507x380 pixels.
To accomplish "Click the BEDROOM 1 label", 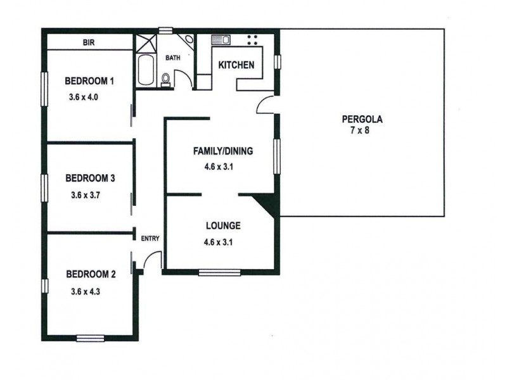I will pos(90,81).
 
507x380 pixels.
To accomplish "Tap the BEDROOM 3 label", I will pos(90,178).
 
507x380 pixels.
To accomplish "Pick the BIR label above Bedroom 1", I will pos(89,43).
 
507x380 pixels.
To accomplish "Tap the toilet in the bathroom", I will pos(166,79).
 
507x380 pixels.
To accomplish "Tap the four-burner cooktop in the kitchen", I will pos(252,40).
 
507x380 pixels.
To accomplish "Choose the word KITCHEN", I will pos(236,65).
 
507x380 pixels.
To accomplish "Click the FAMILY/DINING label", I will pos(223,151).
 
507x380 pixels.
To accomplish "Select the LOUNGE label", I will pos(222,225).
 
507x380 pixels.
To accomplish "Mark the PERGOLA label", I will pos(363,118).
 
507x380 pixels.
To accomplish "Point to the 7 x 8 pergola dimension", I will pos(363,130).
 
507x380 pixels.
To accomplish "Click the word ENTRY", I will pos(150,238).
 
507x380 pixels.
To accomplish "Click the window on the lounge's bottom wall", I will pos(219,273).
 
